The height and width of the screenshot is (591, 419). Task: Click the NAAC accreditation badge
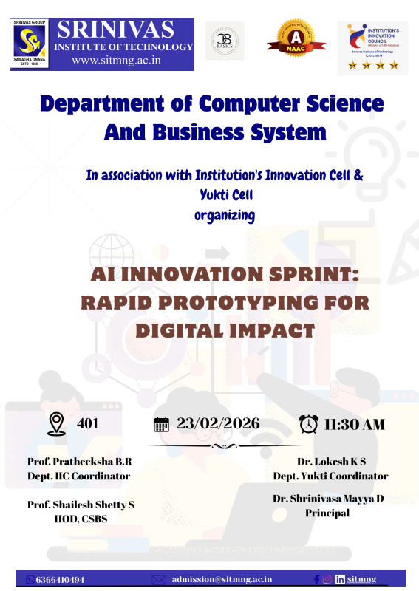[x=294, y=44]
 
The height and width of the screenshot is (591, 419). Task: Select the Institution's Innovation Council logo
[x=372, y=46]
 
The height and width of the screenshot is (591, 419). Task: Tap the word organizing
[x=225, y=215]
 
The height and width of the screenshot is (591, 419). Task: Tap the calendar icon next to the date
[x=161, y=424]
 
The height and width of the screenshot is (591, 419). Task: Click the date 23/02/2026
[x=218, y=423]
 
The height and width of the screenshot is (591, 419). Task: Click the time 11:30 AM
[x=355, y=424]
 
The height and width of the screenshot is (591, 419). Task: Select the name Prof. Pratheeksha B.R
[x=79, y=461]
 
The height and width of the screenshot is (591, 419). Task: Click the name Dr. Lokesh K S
[x=330, y=461]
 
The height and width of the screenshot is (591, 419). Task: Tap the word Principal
[x=327, y=513]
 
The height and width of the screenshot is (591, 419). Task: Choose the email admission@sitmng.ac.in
[x=222, y=580]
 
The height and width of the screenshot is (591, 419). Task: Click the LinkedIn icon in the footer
[x=340, y=580]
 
